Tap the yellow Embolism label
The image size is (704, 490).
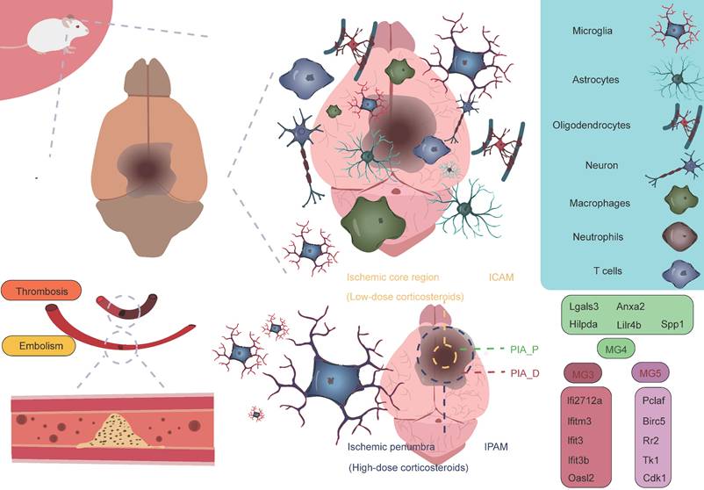tap(42, 348)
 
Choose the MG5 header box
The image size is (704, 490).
tap(650, 375)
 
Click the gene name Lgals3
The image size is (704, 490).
tap(583, 307)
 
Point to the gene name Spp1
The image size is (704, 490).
tap(673, 325)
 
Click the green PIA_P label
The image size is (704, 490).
tap(524, 349)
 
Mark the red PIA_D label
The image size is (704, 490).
tap(524, 373)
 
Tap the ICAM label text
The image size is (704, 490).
tap(501, 277)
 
